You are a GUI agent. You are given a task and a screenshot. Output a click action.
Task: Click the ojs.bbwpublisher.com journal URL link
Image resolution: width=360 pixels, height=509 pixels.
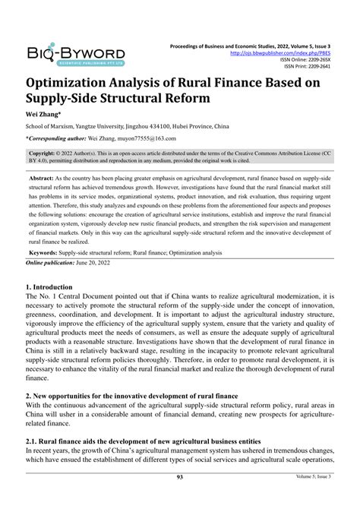[297, 53]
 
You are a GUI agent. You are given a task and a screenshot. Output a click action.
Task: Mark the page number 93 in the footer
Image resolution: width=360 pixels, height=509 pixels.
[179, 498]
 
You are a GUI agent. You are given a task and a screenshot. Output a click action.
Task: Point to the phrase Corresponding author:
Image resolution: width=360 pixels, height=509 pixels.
[58, 138]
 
